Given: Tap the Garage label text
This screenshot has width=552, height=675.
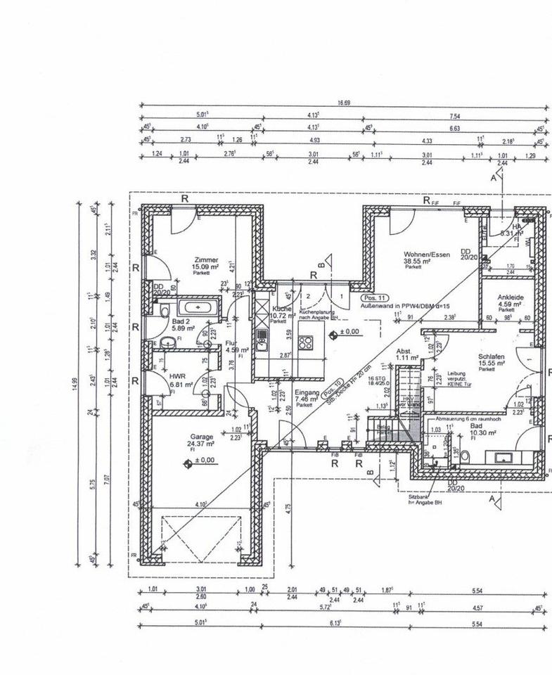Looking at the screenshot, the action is [201, 436].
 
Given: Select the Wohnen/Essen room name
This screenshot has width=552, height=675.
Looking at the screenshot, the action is [422, 254].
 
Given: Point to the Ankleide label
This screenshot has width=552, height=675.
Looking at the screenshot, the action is [511, 297].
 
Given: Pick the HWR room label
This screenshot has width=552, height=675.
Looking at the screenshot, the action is [176, 376].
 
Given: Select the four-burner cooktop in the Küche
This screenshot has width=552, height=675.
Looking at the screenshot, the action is [306, 343].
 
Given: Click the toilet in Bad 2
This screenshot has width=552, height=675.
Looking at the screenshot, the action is [164, 311].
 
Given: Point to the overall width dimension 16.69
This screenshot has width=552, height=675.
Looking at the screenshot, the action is [343, 103].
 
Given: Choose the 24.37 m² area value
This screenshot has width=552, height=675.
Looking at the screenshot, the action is [201, 444].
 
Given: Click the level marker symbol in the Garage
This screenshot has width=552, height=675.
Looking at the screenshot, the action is [188, 462].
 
